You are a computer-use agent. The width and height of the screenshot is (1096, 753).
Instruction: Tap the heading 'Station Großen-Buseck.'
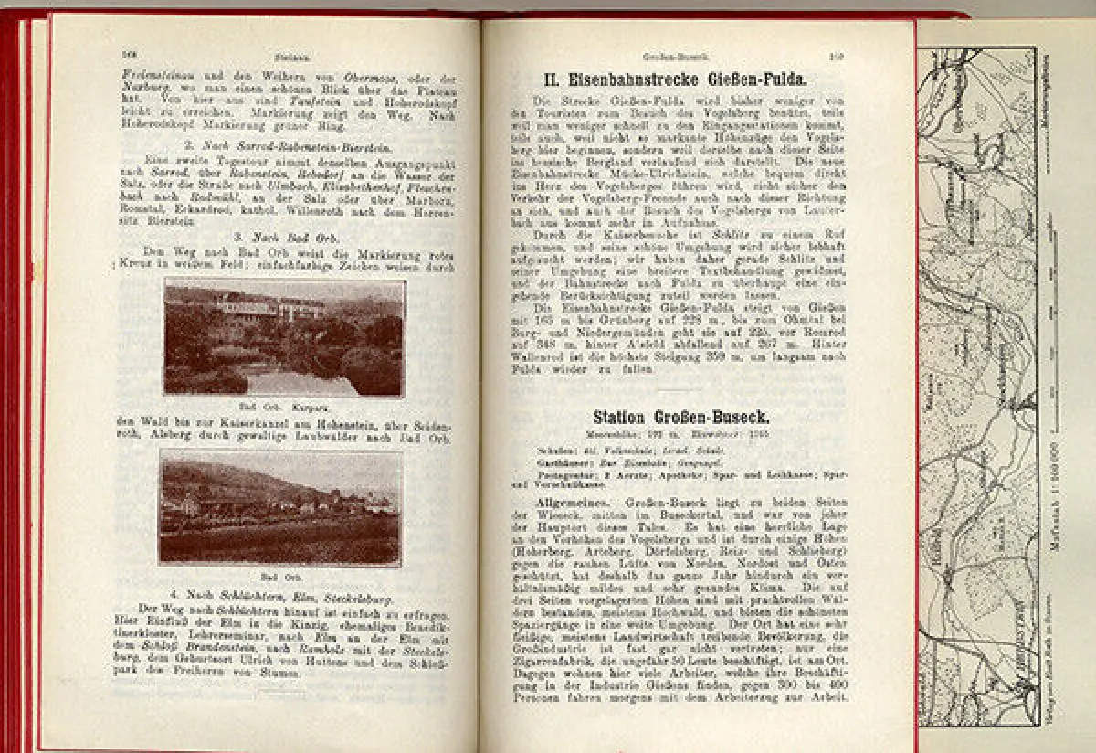tap(680, 417)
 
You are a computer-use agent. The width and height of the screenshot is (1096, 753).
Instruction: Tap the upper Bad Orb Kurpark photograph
tap(283, 337)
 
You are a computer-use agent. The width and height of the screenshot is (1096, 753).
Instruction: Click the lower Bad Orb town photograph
tap(280, 508)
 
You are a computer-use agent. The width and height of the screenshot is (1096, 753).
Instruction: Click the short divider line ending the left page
tap(283, 691)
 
